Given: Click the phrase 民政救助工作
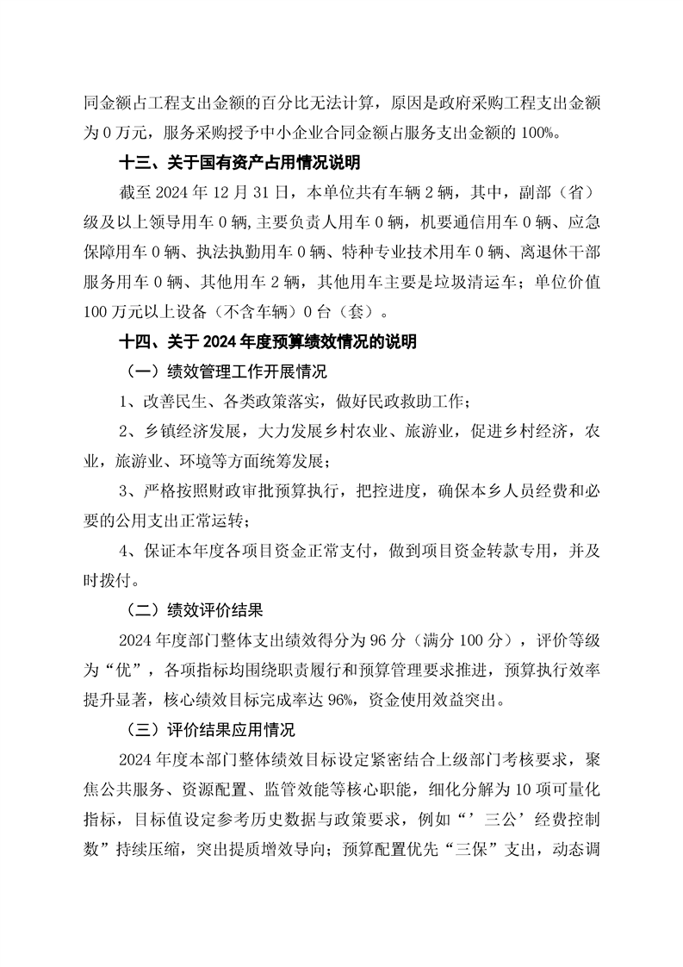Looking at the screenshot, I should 418,402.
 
